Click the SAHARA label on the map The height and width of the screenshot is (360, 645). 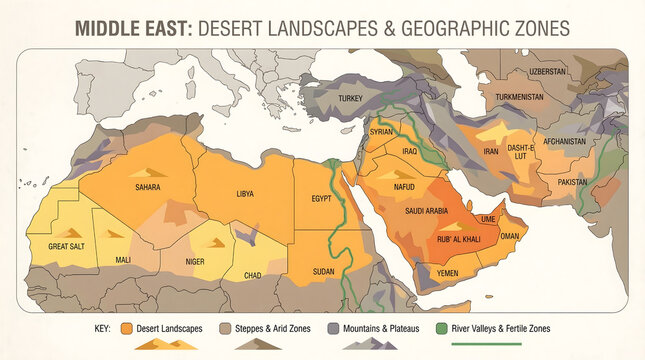click(x=148, y=187)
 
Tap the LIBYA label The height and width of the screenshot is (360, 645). click(x=244, y=193)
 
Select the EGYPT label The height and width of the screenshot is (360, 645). click(x=321, y=198)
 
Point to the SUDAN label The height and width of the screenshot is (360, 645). click(x=324, y=271)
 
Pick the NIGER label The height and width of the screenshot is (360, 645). click(x=195, y=263)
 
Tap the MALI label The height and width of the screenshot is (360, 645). click(x=122, y=260)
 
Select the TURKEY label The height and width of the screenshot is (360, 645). click(x=350, y=98)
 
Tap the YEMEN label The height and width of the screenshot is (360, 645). click(x=447, y=273)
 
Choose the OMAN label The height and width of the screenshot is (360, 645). click(x=509, y=236)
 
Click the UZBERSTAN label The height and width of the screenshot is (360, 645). click(x=547, y=72)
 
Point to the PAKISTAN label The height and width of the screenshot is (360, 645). click(x=572, y=182)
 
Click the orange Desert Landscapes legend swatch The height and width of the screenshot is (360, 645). click(x=127, y=328)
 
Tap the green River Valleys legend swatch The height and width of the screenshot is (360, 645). click(x=441, y=328)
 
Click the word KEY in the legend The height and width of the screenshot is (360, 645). click(x=102, y=328)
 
